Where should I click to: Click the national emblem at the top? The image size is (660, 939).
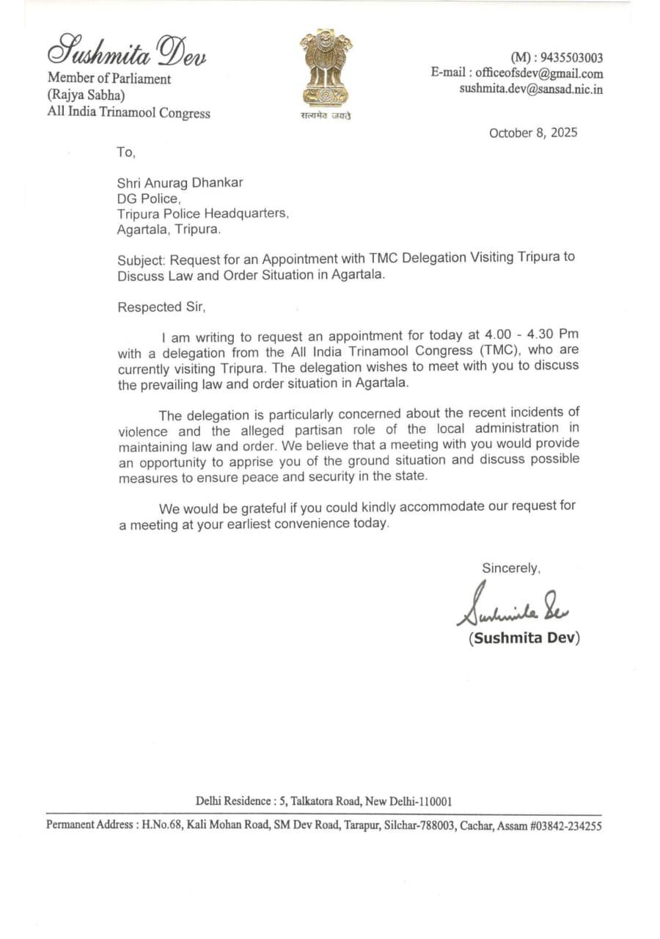[326, 69]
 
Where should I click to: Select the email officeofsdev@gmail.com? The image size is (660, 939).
[539, 73]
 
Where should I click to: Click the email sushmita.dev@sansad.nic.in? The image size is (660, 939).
[532, 89]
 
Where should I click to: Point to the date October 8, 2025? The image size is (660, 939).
[533, 133]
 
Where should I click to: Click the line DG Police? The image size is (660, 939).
[148, 198]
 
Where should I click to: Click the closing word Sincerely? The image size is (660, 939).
[511, 568]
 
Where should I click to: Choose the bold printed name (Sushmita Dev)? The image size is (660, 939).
[524, 637]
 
